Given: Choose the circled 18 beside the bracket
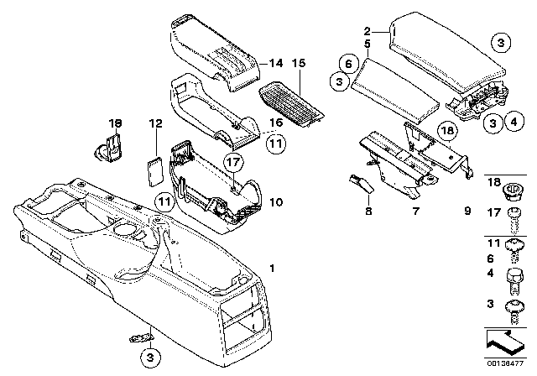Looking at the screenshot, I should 447,131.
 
